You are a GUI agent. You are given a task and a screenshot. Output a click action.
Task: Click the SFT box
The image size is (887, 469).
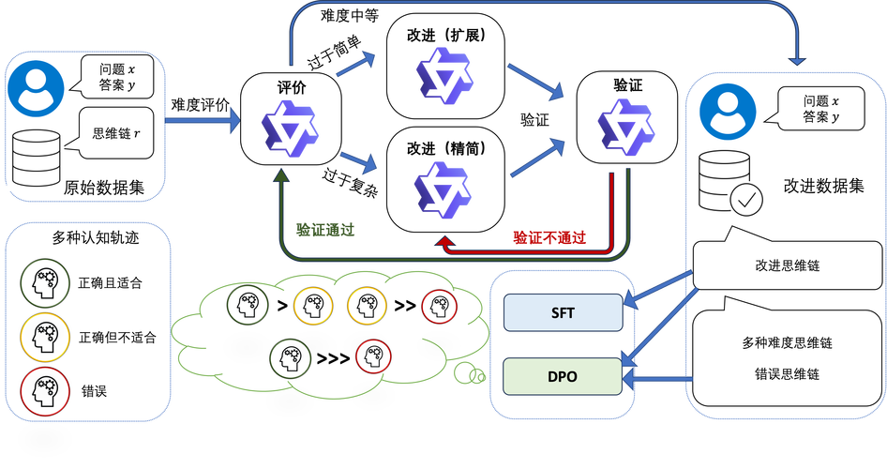click(564, 312)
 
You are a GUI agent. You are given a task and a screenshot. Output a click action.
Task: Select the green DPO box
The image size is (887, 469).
click(564, 376)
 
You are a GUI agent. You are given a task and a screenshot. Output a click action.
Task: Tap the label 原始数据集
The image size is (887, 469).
click(104, 187)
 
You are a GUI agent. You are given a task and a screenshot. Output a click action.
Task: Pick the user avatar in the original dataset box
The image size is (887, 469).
click(37, 86)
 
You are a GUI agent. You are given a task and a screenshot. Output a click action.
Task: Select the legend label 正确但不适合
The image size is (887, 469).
click(117, 336)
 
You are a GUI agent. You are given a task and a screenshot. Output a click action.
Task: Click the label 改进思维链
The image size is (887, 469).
click(787, 265)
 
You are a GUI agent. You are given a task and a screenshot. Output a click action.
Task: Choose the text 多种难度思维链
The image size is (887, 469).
click(787, 343)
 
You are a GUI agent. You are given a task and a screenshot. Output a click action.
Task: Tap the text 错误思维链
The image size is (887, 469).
click(787, 373)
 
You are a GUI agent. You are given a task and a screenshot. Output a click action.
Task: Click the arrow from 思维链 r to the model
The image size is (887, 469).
click(202, 120)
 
